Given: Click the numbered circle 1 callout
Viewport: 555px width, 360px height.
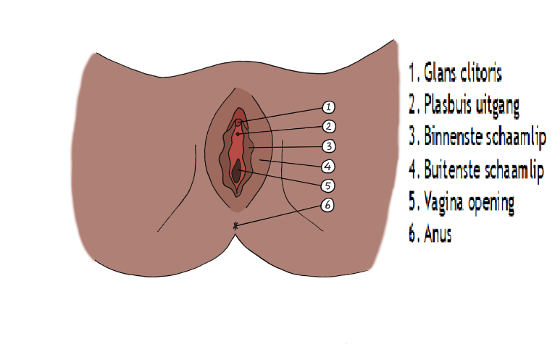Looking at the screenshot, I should [x=327, y=107].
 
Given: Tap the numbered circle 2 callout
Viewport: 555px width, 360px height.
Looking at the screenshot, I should [x=327, y=127].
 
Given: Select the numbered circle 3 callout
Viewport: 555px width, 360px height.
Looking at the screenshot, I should [x=327, y=146].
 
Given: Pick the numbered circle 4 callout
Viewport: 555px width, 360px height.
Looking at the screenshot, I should [x=327, y=165].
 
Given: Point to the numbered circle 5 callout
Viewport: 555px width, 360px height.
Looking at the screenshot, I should [x=327, y=185].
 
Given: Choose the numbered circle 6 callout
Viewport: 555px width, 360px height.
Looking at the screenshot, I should [x=327, y=205].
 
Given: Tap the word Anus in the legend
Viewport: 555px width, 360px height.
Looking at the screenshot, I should [x=438, y=235].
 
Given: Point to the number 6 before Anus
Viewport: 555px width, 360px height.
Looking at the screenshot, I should [x=412, y=235].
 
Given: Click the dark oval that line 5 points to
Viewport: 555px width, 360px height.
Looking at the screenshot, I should [x=238, y=172].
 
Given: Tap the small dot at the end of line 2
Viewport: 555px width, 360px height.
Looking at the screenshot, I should [x=237, y=135].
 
